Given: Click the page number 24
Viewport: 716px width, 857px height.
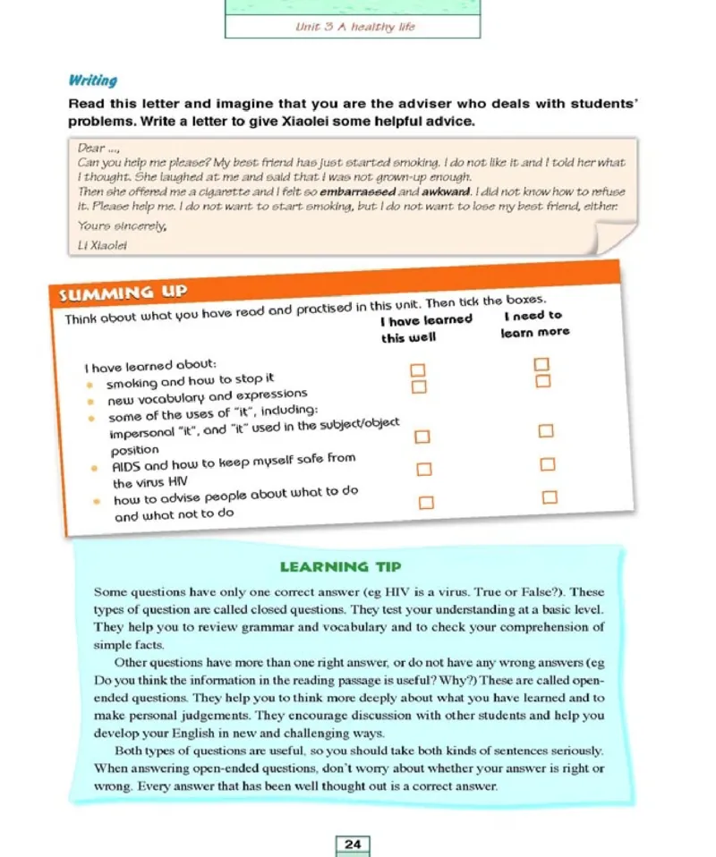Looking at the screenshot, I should pos(353,844).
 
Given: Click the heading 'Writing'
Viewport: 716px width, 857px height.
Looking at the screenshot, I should pos(93,81).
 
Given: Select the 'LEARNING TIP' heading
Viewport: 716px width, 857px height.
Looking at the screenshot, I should pos(340,566).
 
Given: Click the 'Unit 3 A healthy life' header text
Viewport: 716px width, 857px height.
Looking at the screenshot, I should pos(354,27).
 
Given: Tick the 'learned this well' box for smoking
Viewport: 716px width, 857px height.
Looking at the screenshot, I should pos(416,369).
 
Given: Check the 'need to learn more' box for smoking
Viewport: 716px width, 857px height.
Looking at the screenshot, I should pos(540,364).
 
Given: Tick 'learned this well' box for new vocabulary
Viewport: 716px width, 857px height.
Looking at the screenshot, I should pos(417,386).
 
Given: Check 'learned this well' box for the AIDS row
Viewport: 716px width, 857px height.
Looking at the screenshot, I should pos(424,469).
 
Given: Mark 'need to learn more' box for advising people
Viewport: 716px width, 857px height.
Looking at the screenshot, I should pos(550,496).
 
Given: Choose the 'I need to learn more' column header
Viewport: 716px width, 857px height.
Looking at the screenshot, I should pos(534,323).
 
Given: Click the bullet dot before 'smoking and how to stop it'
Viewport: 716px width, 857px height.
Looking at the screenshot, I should pos(90,386).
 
